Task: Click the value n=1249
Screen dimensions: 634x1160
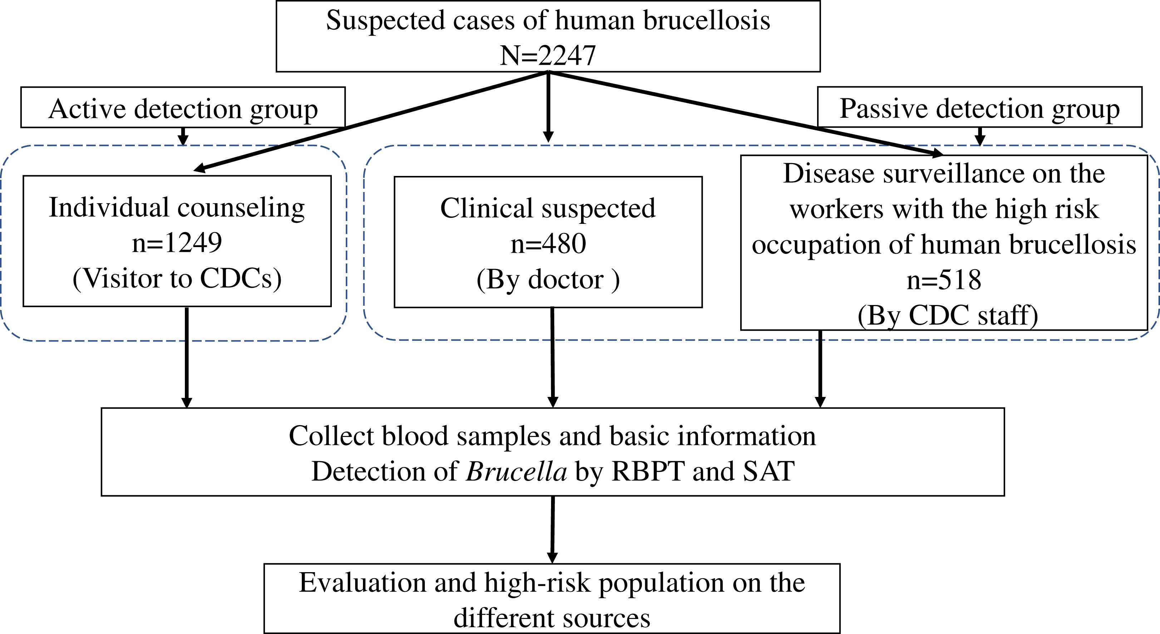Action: [x=177, y=243]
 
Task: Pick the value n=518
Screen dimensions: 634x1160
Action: [x=944, y=280]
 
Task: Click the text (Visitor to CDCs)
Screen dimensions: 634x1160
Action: [x=177, y=278]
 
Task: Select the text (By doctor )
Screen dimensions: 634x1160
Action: [x=548, y=280]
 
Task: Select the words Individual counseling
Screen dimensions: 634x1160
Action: [x=177, y=208]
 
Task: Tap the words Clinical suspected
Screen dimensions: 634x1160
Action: [x=548, y=208]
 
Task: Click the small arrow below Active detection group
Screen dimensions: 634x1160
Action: [x=183, y=137]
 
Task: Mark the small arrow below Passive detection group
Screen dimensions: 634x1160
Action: [x=979, y=137]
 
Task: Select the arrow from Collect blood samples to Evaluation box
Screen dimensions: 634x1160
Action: [x=552, y=530]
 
